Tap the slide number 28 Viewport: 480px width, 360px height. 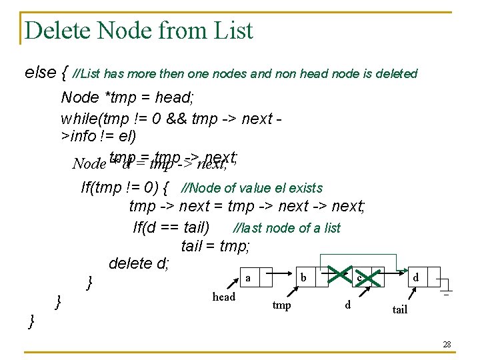(447, 344)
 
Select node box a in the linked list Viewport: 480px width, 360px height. (248, 277)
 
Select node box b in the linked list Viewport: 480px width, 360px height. (303, 277)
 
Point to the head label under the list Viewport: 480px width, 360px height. (223, 297)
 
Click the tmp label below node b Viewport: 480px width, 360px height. (282, 305)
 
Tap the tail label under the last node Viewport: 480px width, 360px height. (399, 309)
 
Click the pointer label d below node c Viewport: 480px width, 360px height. (347, 305)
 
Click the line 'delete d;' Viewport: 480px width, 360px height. (139, 263)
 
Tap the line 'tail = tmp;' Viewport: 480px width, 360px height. (215, 245)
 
